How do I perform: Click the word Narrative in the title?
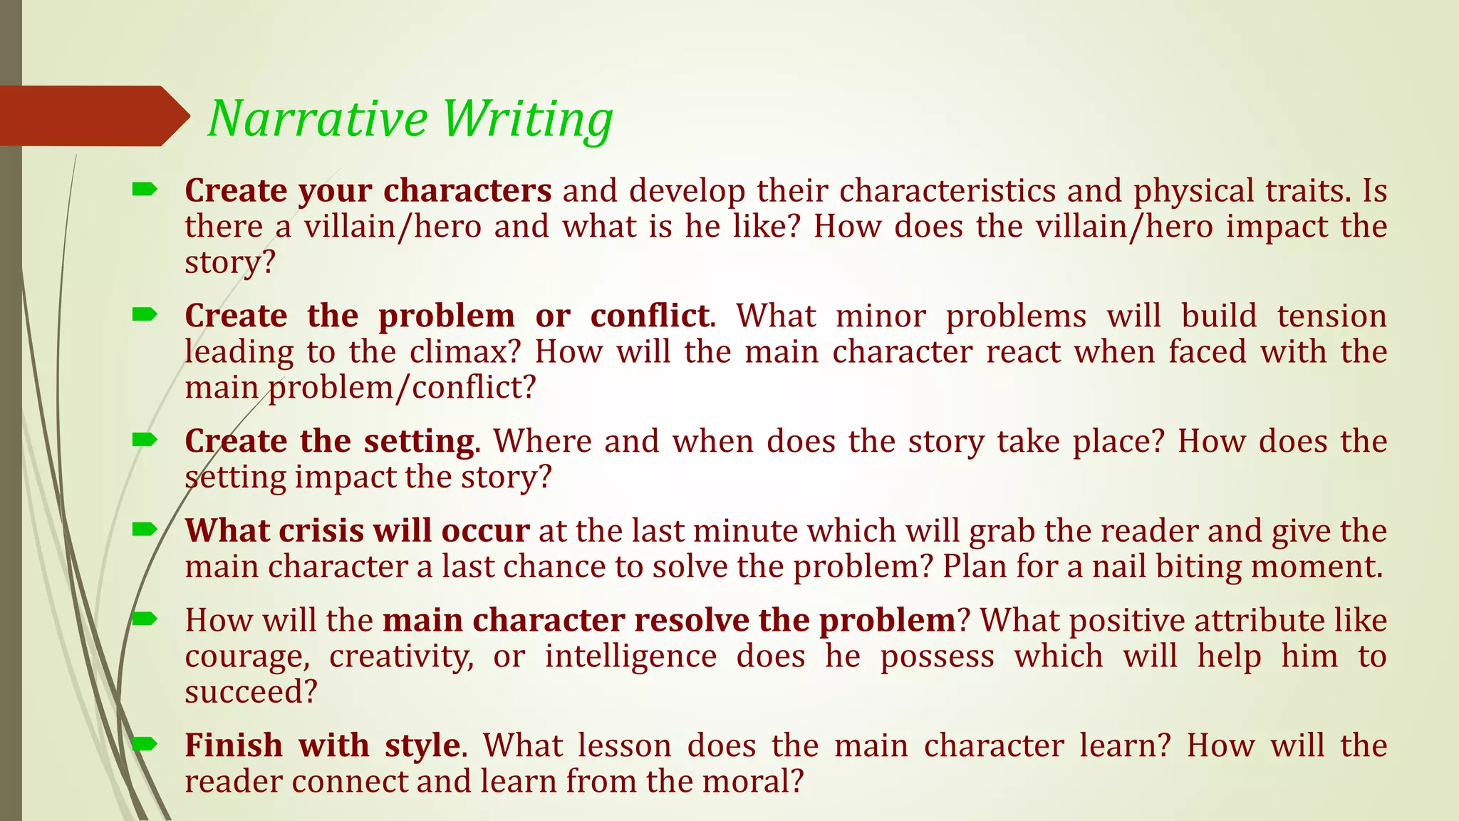pos(318,118)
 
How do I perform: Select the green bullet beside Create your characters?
pos(145,190)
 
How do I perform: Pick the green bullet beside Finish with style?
pos(145,745)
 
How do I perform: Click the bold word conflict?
pos(650,316)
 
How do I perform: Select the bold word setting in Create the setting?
pos(419,442)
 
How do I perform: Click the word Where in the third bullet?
pos(542,441)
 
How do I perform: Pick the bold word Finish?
pos(234,745)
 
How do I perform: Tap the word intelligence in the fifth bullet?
pos(630,656)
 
